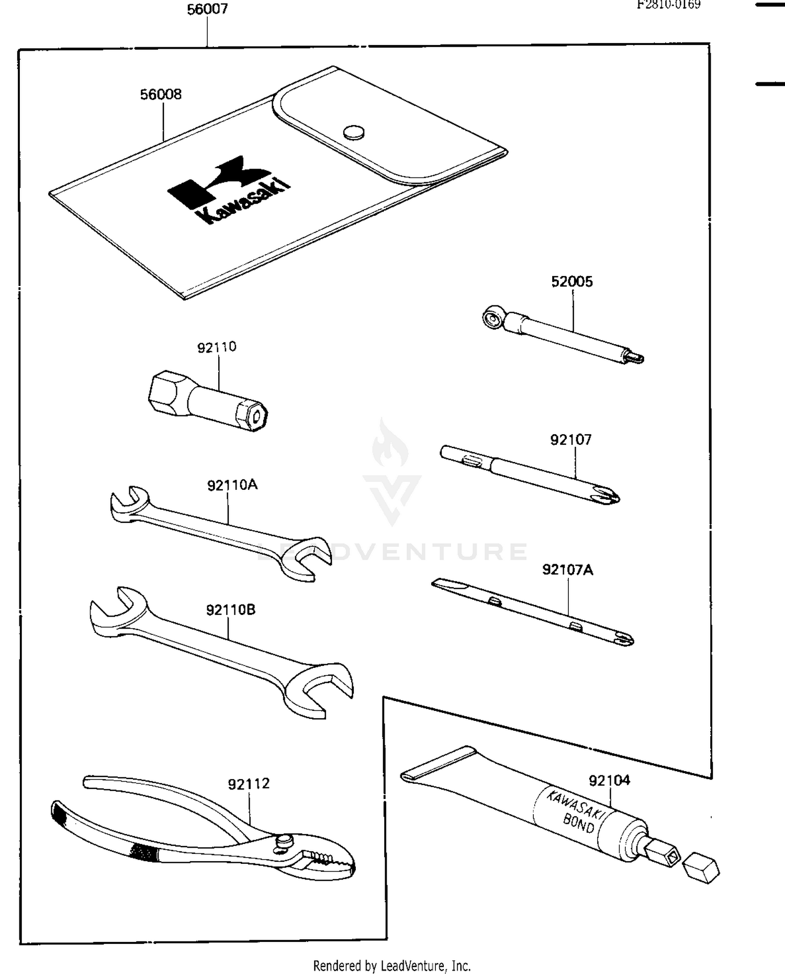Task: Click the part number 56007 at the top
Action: pos(207,9)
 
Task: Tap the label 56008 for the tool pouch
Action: pos(161,94)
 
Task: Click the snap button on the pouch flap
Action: pos(354,133)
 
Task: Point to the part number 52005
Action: pos(572,282)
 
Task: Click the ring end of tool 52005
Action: pos(493,318)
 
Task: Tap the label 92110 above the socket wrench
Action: pos(217,347)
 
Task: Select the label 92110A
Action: pos(232,485)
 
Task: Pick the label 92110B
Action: pos(231,610)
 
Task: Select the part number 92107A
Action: pos(568,569)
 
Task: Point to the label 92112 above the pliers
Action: pos(249,784)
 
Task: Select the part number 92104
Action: pos(610,781)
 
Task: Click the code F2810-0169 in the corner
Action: pos(668,5)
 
